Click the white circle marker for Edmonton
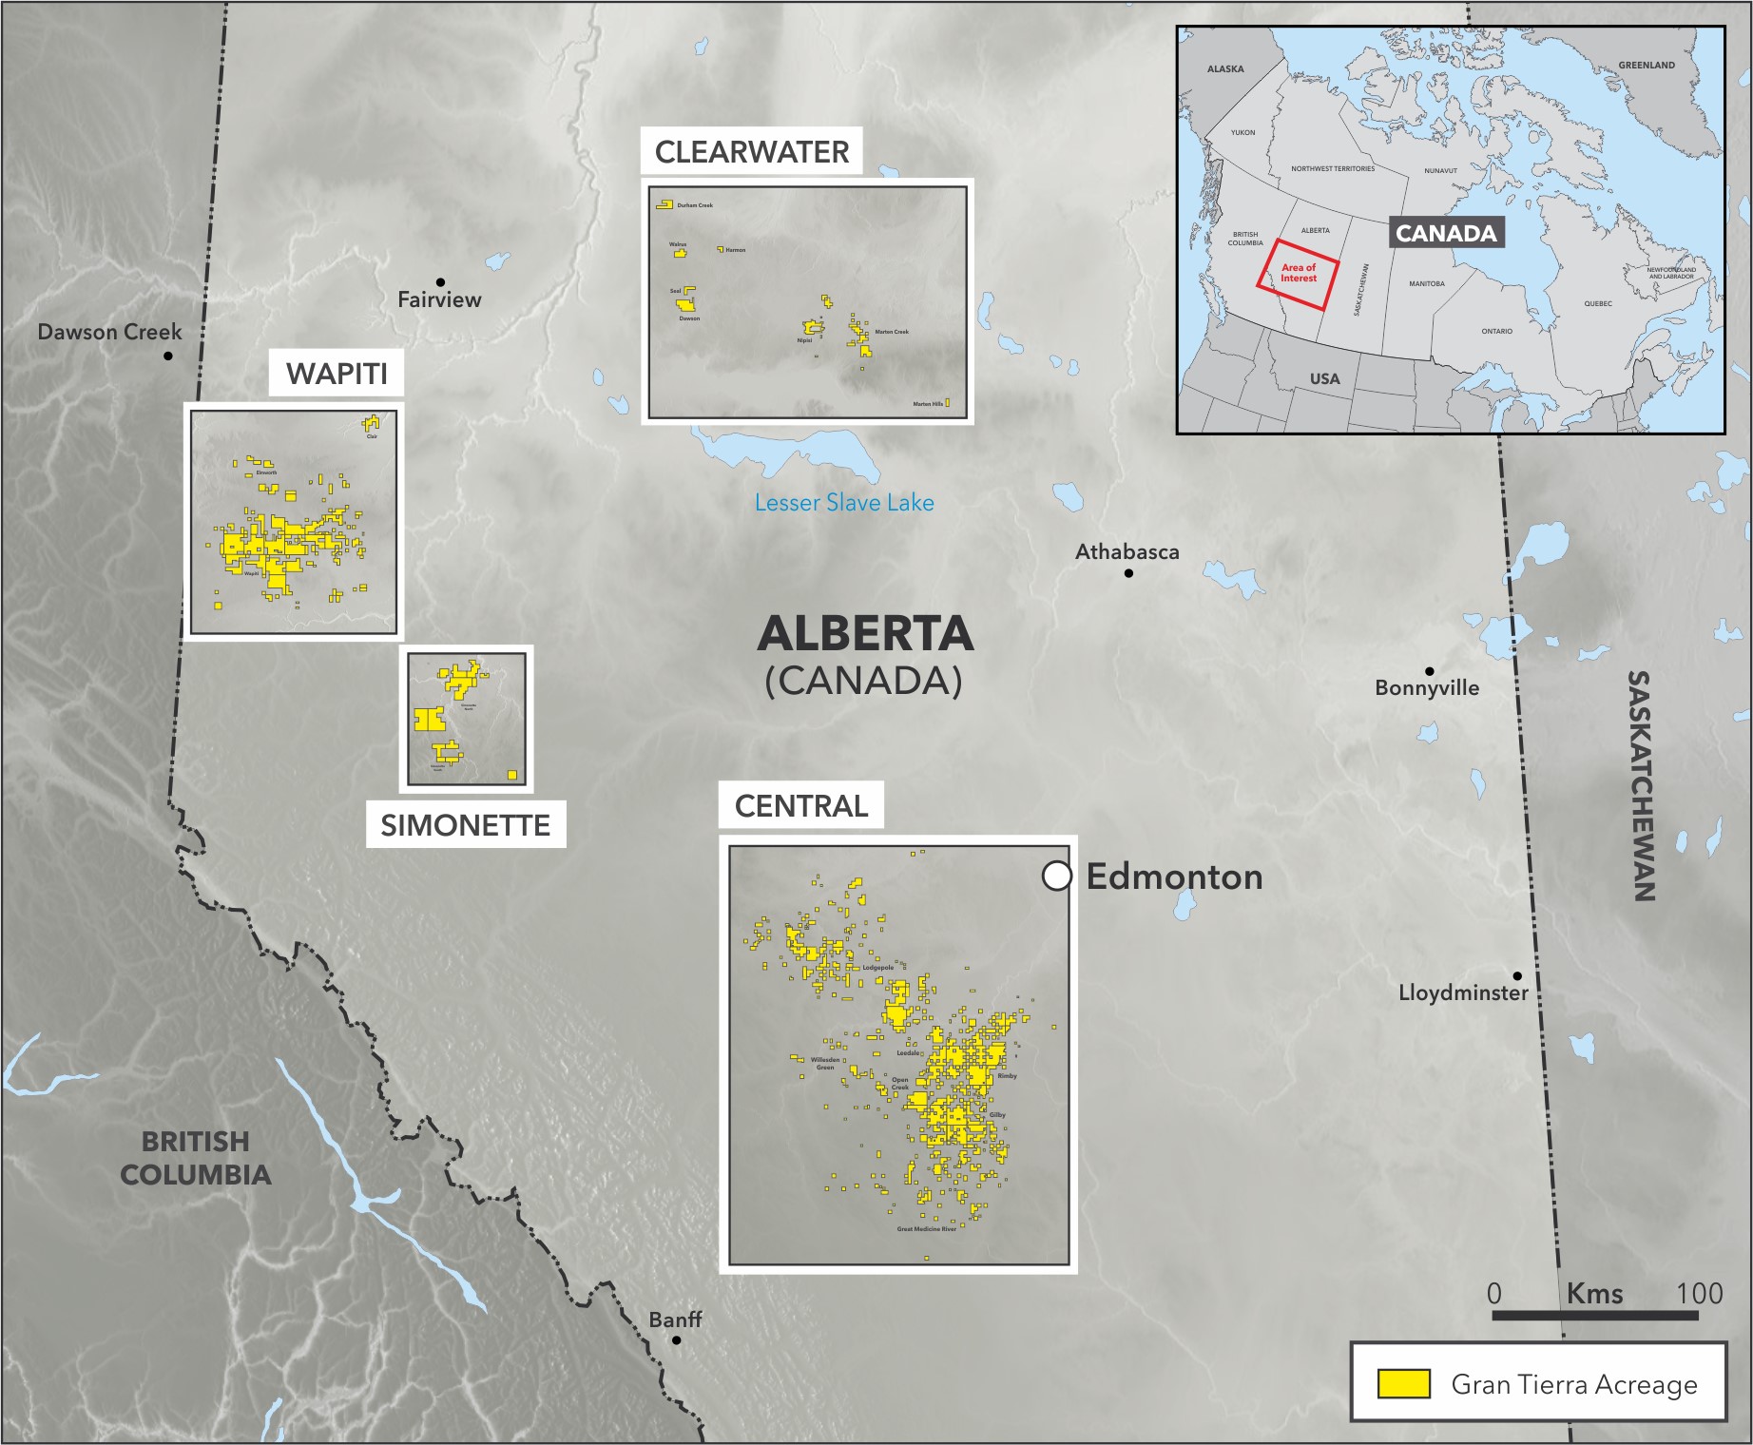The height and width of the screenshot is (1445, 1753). coord(1057,876)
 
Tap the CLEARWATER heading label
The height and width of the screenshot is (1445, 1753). coord(752,152)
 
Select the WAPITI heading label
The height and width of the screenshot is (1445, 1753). coord(337,374)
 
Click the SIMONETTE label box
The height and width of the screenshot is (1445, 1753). coord(466,825)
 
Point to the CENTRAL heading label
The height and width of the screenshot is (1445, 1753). coord(801,806)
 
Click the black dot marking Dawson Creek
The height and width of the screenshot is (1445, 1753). coord(167,356)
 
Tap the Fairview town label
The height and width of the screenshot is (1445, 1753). coord(439,300)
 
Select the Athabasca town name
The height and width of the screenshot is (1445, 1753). coord(1127,552)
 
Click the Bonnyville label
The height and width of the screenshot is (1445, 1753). coord(1427,688)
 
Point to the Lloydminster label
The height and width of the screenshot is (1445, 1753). coord(1463,993)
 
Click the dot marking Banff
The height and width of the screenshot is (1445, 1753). coord(677,1340)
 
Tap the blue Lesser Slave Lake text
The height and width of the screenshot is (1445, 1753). coord(844,503)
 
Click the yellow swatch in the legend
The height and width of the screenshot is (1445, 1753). coord(1404,1384)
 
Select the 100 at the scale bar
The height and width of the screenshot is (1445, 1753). coord(1699,1294)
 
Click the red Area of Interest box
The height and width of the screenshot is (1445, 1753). coord(1299,274)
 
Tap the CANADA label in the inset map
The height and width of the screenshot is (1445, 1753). coord(1446,234)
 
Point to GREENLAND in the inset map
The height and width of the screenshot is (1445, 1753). coord(1647,66)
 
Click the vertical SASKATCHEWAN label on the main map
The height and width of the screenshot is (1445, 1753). coord(1641,785)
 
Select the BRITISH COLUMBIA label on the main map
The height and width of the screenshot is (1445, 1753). coord(196,1158)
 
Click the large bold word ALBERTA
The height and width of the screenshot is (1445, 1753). coord(865,634)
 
